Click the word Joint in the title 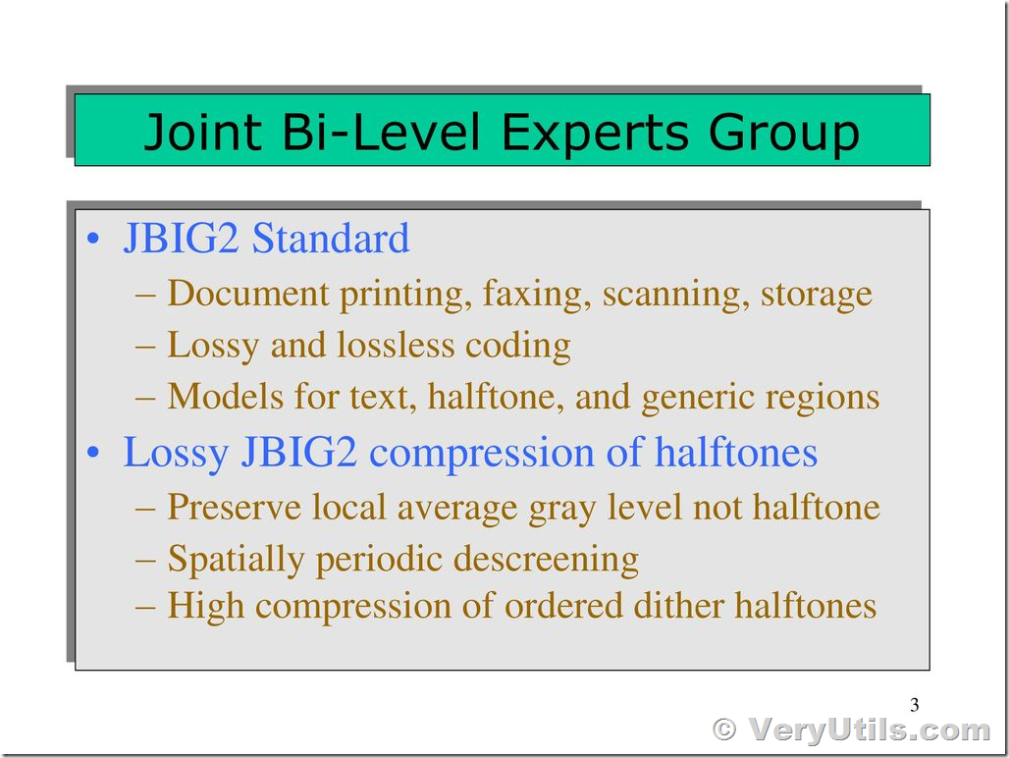[203, 132]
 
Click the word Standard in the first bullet [330, 238]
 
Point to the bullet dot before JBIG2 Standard [94, 240]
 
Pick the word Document [247, 293]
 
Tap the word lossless [396, 345]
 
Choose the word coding [517, 347]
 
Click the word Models [225, 396]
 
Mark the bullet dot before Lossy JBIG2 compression [94, 453]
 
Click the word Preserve [235, 507]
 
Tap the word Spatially [236, 560]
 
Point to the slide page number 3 [915, 705]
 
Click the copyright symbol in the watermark [724, 730]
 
